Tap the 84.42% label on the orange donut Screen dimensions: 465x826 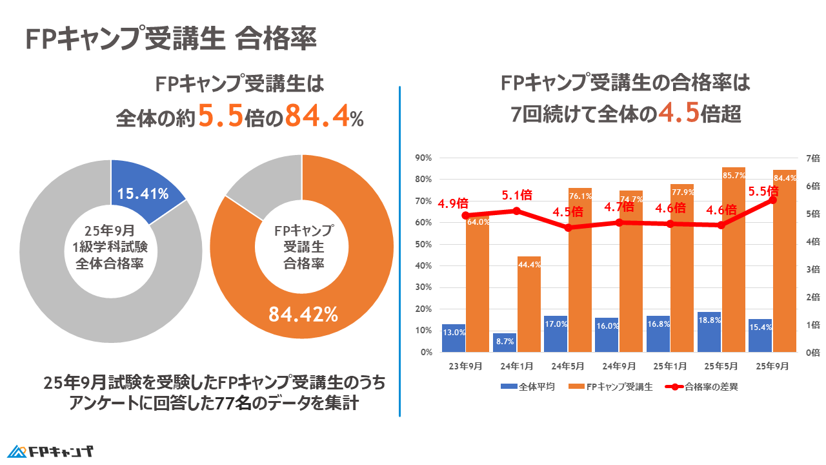pyautogui.click(x=303, y=315)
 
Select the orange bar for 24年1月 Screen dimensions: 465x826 pyautogui.click(x=529, y=304)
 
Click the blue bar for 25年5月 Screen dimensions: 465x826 pyautogui.click(x=709, y=332)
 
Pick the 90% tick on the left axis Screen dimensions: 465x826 pyautogui.click(x=423, y=158)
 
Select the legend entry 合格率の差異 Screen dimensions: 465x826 pyautogui.click(x=700, y=387)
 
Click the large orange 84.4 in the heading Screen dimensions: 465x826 pyautogui.click(x=316, y=116)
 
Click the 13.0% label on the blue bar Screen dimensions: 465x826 pyautogui.click(x=454, y=333)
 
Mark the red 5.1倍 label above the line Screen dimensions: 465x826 pyautogui.click(x=518, y=194)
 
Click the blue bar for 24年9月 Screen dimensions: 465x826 pyautogui.click(x=607, y=335)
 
